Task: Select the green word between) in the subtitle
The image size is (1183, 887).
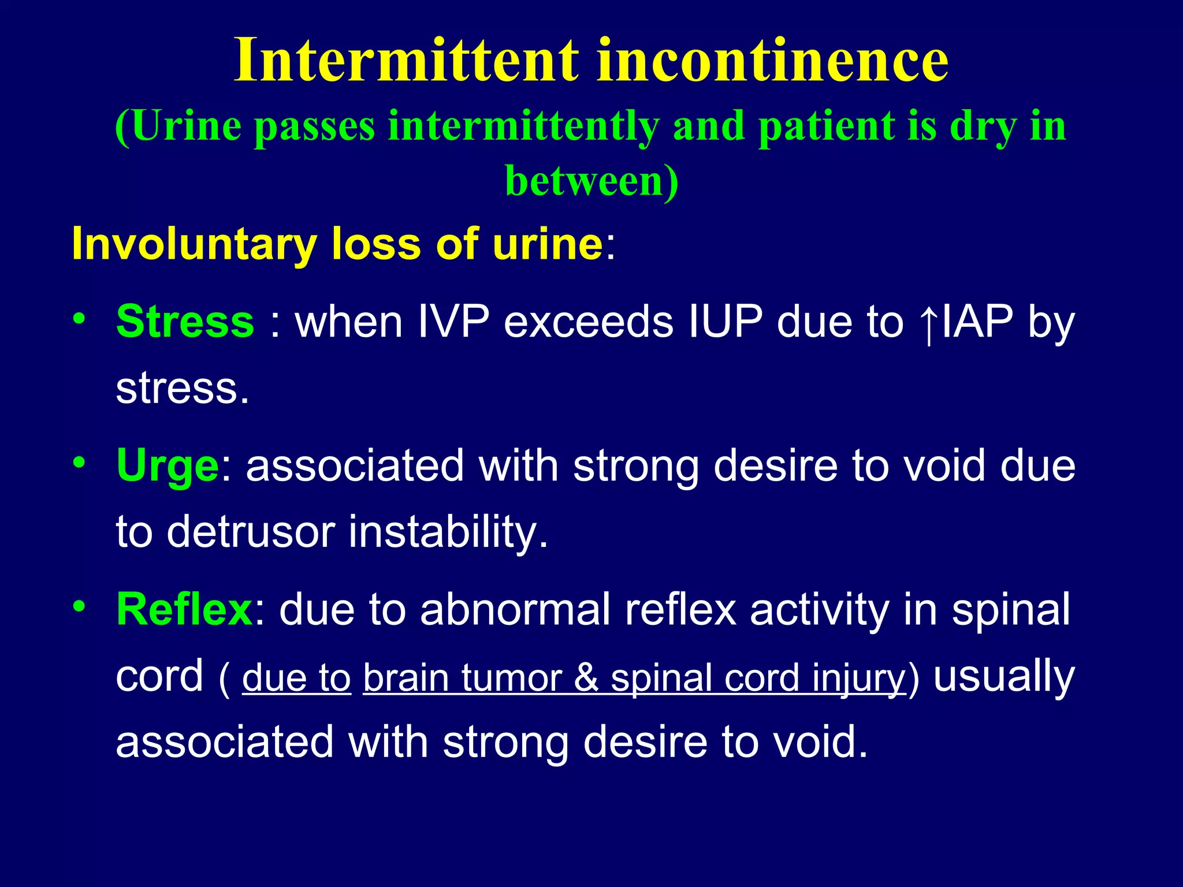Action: click(x=591, y=181)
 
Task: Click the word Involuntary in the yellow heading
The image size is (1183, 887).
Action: click(x=194, y=244)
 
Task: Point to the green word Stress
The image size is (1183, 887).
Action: click(x=185, y=321)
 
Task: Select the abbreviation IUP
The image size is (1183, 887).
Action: click(x=726, y=321)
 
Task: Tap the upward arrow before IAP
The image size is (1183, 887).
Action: click(x=928, y=325)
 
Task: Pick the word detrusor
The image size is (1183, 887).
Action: click(x=251, y=531)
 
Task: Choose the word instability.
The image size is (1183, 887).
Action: click(x=448, y=531)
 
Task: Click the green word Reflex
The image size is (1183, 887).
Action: click(x=184, y=609)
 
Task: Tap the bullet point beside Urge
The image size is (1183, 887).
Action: click(x=79, y=463)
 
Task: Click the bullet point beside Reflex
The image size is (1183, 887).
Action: click(x=79, y=606)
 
